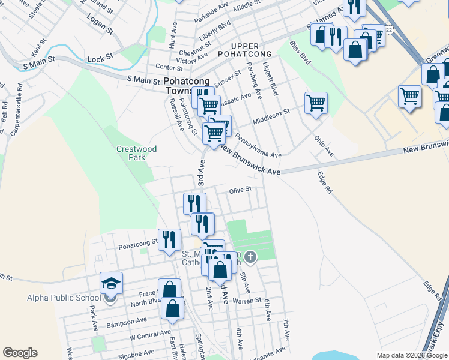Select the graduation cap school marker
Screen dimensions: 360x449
click(111, 283)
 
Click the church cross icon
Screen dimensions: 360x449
click(250, 257)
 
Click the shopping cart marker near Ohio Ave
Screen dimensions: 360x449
click(316, 103)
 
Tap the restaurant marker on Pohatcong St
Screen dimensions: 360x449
click(170, 239)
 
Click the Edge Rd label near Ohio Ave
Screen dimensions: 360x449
click(324, 182)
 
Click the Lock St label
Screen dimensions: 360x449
click(100, 58)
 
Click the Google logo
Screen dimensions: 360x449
click(20, 352)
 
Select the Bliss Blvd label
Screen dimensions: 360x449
click(300, 53)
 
